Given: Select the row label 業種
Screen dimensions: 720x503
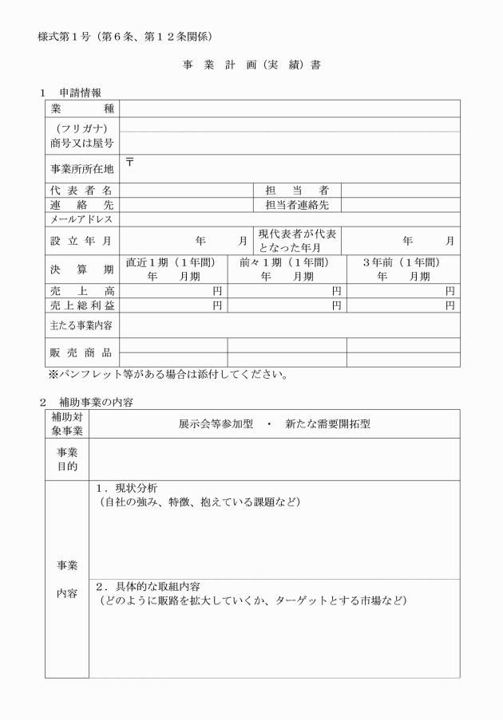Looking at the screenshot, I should pos(82,108).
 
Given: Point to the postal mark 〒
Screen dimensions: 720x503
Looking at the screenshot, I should pos(129,163).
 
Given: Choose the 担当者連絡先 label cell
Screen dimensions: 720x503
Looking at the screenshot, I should pos(297,205).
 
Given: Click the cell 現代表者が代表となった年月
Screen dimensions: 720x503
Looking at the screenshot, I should pos(297,240).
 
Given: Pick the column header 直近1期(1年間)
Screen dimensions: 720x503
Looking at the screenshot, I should pos(173,262).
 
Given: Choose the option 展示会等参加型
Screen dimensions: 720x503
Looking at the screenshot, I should pos(214,424).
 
